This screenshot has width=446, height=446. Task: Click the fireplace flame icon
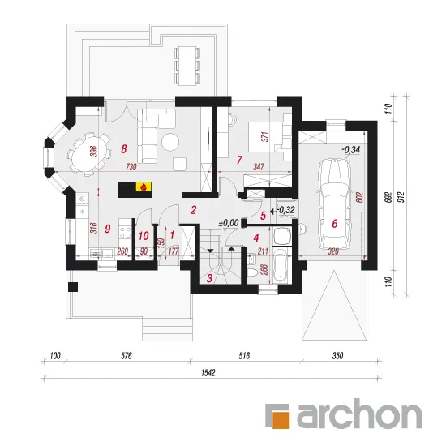(144, 187)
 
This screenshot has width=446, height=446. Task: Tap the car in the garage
(333, 204)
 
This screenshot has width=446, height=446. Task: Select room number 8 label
(124, 148)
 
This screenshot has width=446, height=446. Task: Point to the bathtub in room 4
(281, 265)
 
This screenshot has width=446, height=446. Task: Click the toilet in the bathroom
(252, 272)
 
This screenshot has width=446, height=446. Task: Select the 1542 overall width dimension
(208, 373)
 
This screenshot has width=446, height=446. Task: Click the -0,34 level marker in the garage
(351, 150)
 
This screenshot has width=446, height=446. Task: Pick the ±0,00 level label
(229, 222)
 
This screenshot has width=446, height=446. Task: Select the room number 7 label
(239, 160)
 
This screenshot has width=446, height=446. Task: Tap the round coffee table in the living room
(170, 142)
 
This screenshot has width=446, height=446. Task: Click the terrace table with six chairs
(187, 66)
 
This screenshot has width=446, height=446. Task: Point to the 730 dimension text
(131, 167)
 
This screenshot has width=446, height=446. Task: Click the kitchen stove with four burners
(126, 232)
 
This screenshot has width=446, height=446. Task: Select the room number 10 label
(144, 236)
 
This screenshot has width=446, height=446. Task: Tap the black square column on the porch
(73, 287)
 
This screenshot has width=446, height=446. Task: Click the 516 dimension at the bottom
(244, 355)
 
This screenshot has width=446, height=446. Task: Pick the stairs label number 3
(209, 278)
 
